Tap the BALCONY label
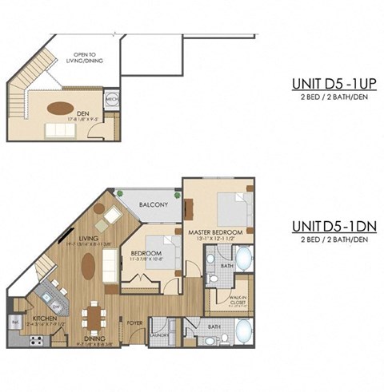coord(153,205)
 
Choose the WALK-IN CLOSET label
coord(238,300)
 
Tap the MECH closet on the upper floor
coord(112,101)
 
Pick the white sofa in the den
coord(65,129)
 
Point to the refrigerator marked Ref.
coord(15,321)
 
